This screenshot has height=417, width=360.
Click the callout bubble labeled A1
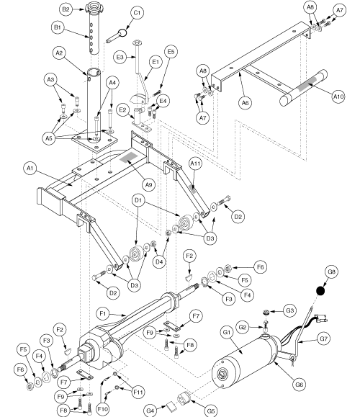(30, 168)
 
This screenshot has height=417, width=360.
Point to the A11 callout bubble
(194, 165)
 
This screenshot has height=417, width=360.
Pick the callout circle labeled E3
(121, 57)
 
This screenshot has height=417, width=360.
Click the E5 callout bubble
(171, 52)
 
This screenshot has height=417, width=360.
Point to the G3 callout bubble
(290, 310)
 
